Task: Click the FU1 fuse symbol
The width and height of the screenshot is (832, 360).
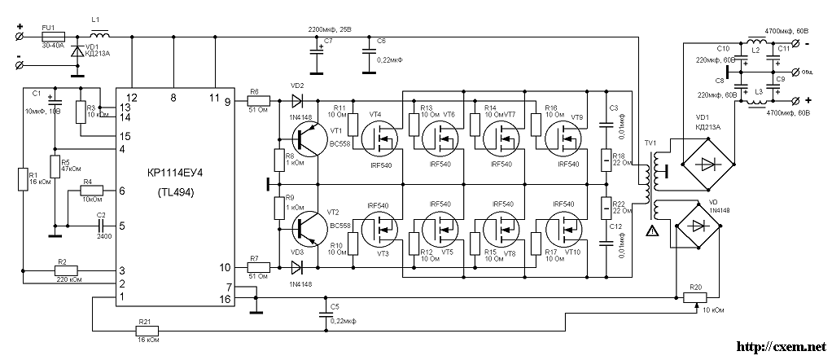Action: coord(47,36)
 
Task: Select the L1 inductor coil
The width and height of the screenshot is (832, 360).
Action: coord(100,35)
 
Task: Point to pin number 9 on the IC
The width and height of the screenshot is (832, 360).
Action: coord(227,102)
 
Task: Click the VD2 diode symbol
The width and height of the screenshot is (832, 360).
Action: coord(296,102)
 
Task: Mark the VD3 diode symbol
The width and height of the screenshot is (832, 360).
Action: coord(296,266)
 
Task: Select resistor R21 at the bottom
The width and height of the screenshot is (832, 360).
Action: coord(148,331)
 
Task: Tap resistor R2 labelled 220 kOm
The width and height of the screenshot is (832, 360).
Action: coord(61,270)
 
